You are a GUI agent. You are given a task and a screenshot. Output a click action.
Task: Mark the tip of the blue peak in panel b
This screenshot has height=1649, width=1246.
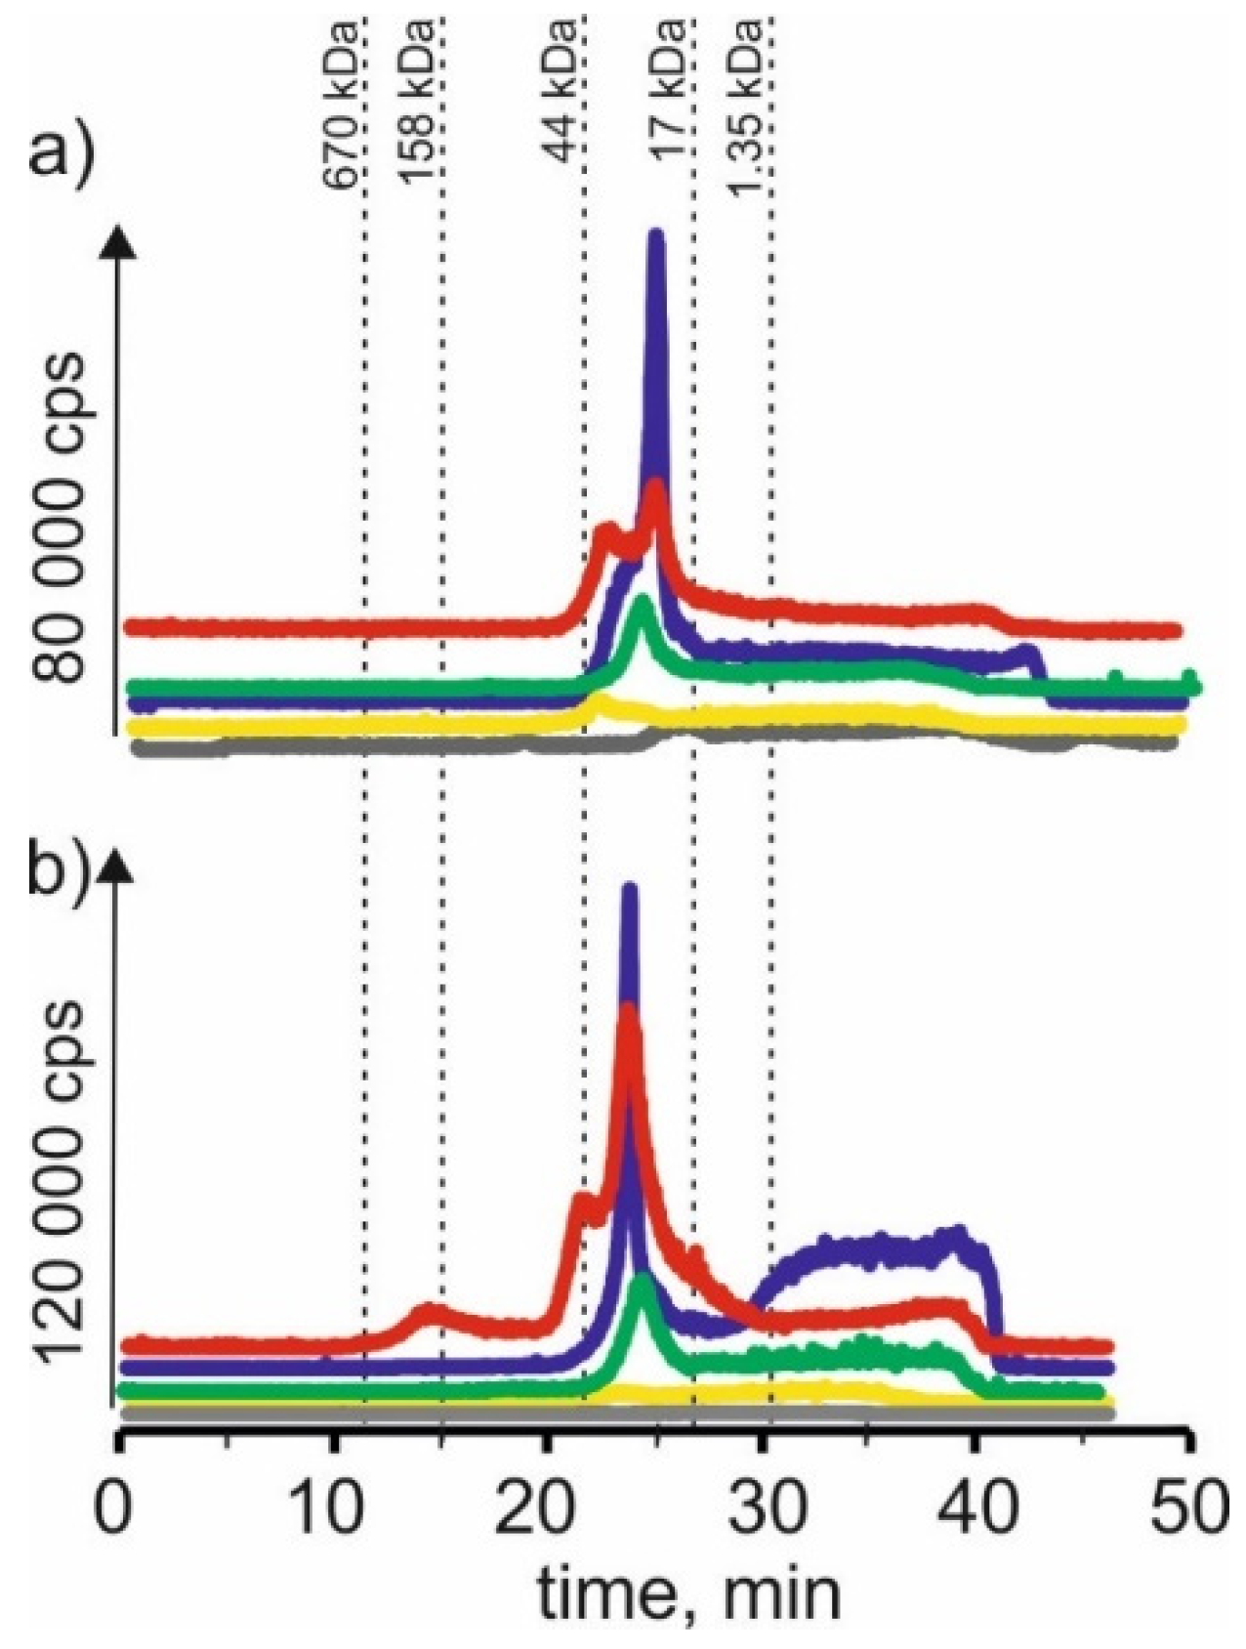629,890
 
